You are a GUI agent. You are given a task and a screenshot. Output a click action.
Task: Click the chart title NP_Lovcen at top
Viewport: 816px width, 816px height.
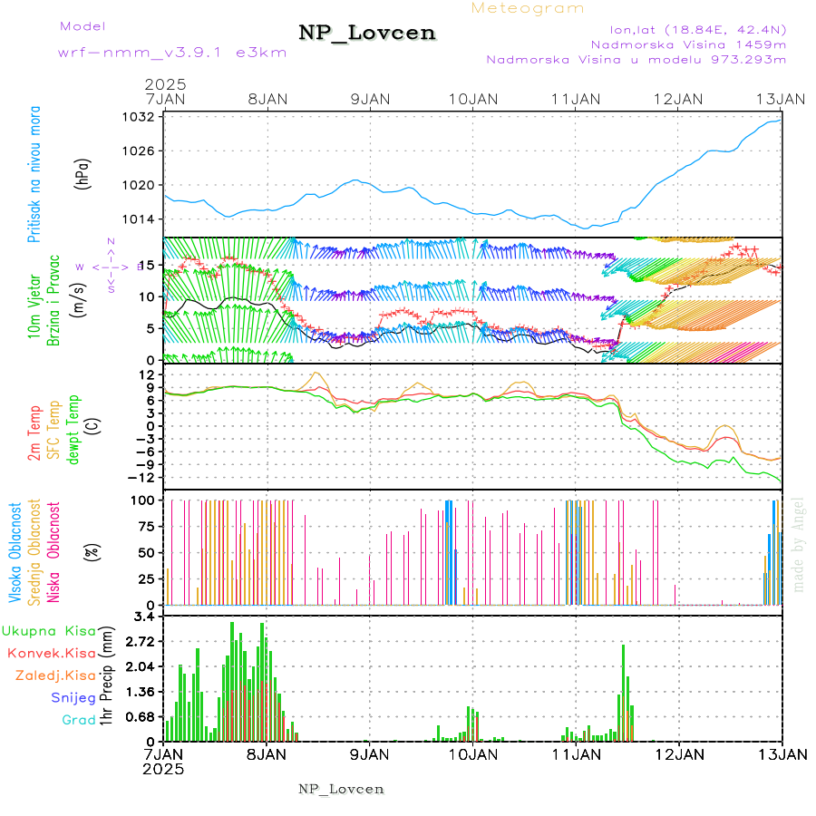367,33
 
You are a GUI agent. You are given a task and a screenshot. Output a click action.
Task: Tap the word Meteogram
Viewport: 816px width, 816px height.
528,8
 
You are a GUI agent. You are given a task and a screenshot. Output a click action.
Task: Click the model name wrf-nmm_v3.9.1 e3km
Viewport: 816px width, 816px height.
172,52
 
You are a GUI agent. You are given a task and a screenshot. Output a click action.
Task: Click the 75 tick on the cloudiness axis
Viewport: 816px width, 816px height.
145,526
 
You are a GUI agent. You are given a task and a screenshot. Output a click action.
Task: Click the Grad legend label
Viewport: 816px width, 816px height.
78,720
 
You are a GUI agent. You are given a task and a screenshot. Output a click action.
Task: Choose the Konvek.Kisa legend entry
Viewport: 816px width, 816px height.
51,653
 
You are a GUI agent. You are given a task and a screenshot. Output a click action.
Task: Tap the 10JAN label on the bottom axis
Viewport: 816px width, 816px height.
472,753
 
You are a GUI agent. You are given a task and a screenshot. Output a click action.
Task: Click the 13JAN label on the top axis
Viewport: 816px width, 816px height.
782,98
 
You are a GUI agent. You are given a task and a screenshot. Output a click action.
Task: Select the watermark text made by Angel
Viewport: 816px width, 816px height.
799,544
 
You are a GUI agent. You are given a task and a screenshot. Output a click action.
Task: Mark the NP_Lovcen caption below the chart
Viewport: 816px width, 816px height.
341,789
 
